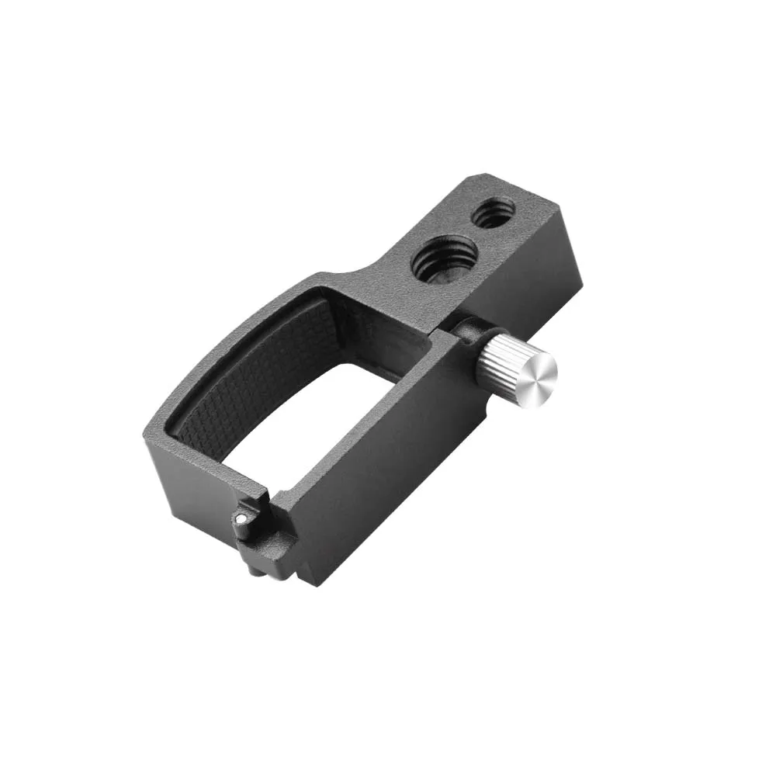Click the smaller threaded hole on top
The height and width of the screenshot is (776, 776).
(x=494, y=212)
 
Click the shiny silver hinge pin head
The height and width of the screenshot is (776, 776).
(x=242, y=519)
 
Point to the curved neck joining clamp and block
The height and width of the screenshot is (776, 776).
(x=365, y=268)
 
